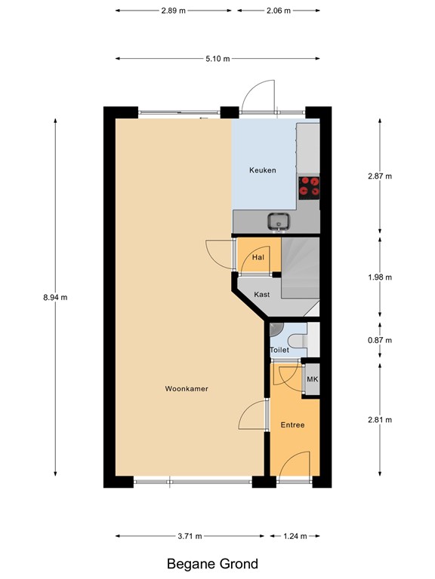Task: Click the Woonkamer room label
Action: (x=187, y=389)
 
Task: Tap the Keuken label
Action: (x=263, y=170)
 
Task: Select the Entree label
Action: (x=292, y=425)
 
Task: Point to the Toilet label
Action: (x=279, y=351)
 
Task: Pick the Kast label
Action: (x=262, y=295)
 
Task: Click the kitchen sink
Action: (x=279, y=222)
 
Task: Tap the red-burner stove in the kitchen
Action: (x=310, y=185)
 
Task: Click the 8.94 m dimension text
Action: (x=56, y=297)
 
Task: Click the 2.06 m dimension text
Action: (x=278, y=11)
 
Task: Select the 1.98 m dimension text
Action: (x=379, y=277)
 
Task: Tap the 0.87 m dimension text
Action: (x=379, y=340)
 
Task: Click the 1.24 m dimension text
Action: (x=295, y=537)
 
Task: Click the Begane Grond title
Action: (x=212, y=564)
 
